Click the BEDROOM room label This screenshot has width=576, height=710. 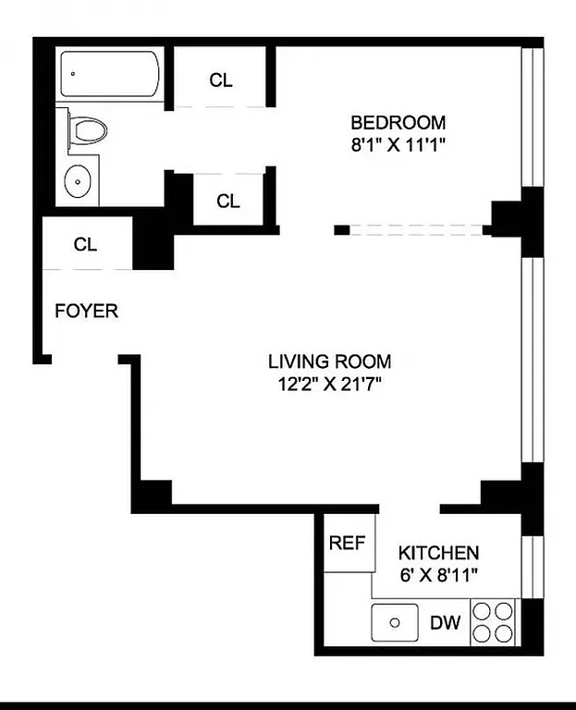pyautogui.click(x=398, y=122)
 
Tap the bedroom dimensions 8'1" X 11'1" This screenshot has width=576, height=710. pyautogui.click(x=398, y=144)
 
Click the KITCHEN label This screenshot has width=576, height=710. pyautogui.click(x=438, y=553)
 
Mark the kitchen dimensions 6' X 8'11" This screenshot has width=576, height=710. pyautogui.click(x=438, y=574)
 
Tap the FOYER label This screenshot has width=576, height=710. pyautogui.click(x=86, y=311)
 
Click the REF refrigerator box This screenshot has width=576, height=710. pyautogui.click(x=348, y=543)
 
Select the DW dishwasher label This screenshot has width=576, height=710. pyautogui.click(x=445, y=623)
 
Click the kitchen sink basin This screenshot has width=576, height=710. pyautogui.click(x=396, y=622)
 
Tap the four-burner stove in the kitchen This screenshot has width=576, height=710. pyautogui.click(x=494, y=622)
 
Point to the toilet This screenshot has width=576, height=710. pyautogui.click(x=87, y=129)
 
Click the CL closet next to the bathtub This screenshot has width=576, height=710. pyautogui.click(x=221, y=80)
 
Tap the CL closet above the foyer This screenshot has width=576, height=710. pyautogui.click(x=86, y=245)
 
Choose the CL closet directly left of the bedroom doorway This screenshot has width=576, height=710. pyautogui.click(x=227, y=201)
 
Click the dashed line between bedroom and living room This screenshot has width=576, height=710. pyautogui.click(x=416, y=229)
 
